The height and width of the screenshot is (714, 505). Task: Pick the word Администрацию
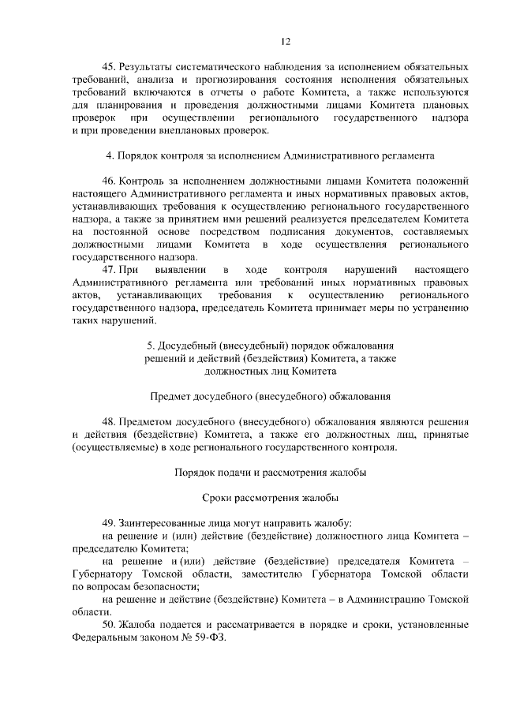point(386,599)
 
